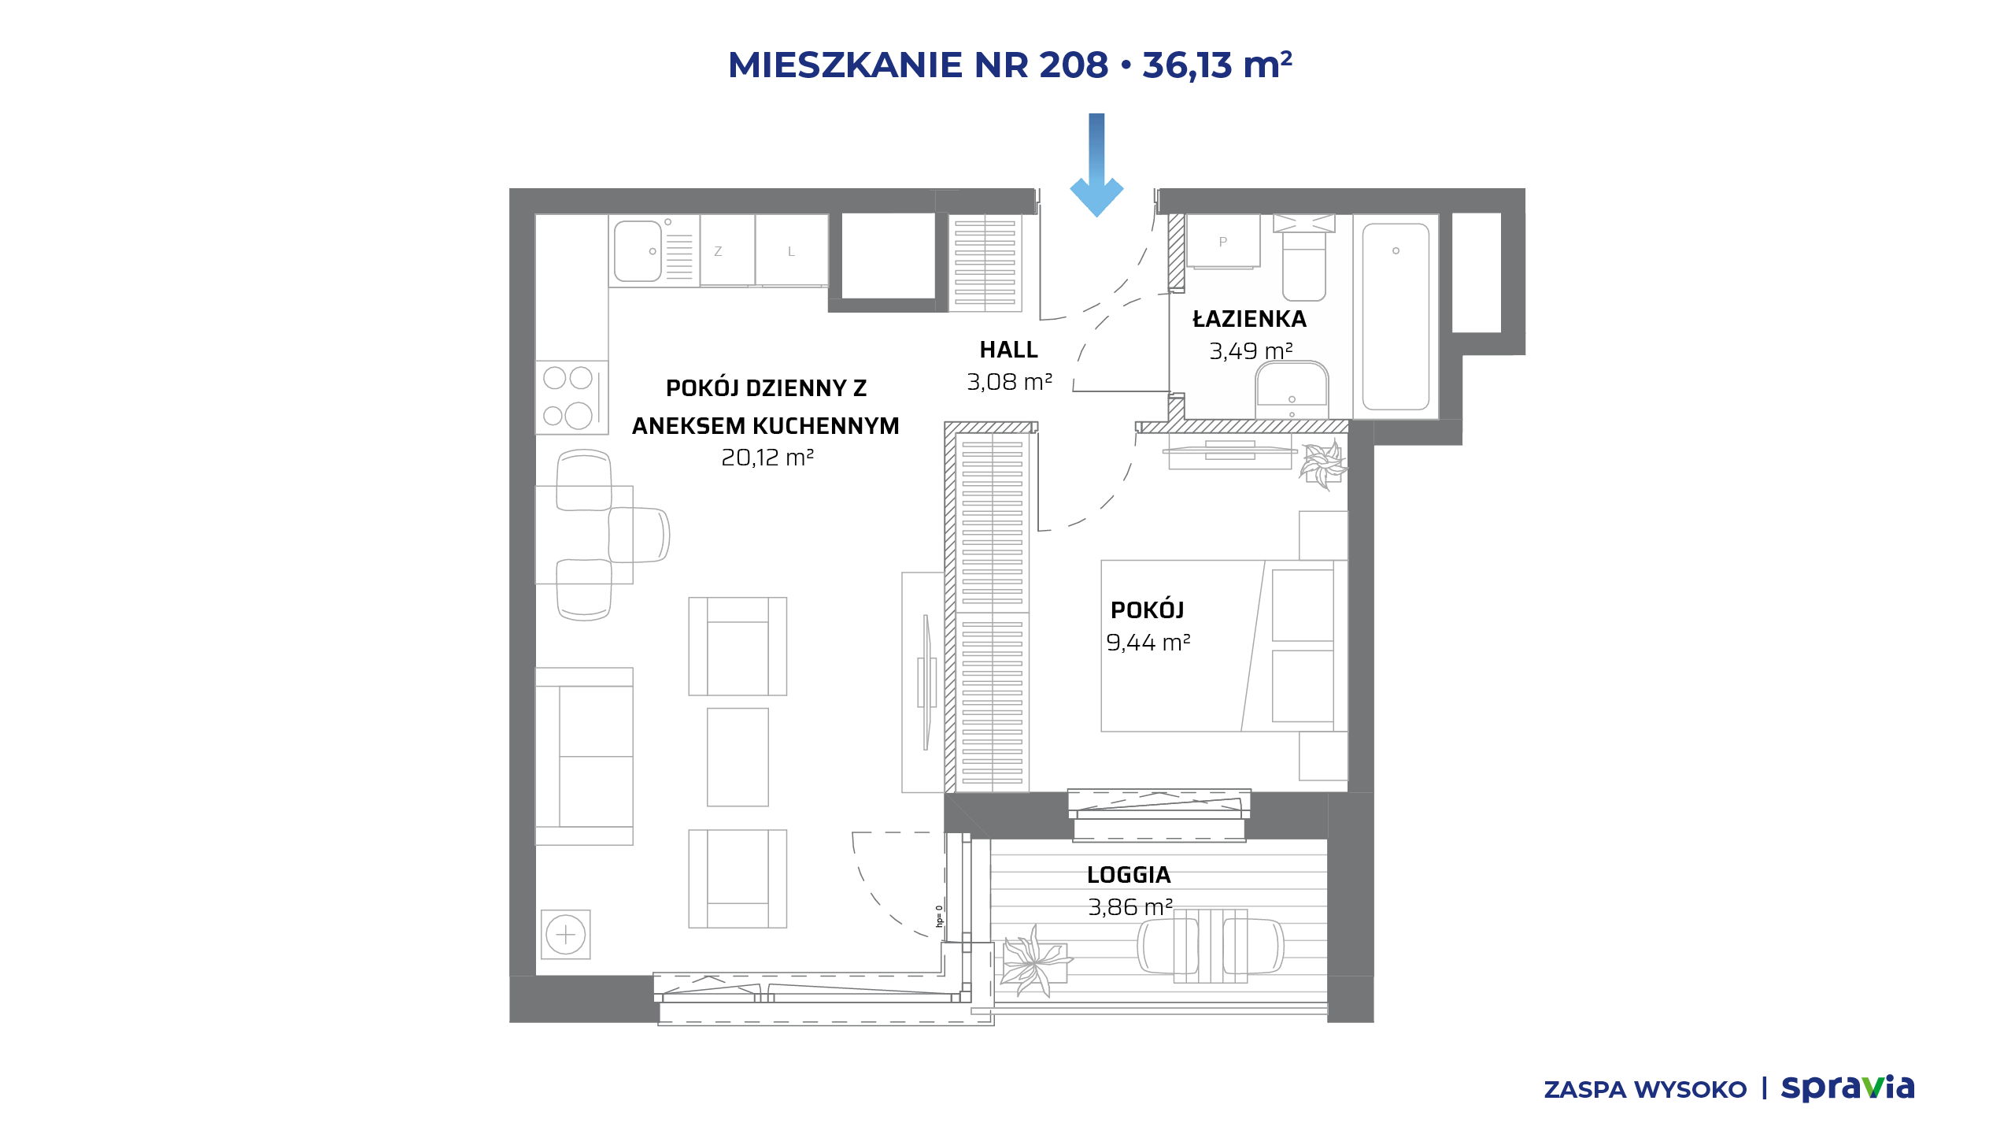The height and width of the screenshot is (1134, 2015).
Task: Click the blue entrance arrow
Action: coord(1096,165)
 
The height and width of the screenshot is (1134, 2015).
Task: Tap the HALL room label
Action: coord(1008,350)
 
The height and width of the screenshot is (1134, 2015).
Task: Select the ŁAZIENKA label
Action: coord(1249,318)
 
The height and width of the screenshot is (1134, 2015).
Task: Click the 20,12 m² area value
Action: coord(767,457)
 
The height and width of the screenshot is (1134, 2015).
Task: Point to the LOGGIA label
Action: coord(1129,875)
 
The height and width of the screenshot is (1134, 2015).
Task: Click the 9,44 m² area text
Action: coord(1148,642)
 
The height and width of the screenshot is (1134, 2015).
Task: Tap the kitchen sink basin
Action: coord(638,251)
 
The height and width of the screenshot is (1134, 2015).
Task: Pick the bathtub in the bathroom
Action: coord(1396,317)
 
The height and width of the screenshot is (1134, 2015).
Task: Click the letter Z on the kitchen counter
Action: coord(718,251)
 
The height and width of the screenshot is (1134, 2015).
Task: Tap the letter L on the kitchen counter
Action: coord(791,251)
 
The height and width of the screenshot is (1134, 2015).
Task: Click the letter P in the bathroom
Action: coord(1222,242)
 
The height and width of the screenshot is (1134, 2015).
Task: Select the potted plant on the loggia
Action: coord(1033,962)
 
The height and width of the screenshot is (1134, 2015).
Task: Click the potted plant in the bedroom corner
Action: coord(1323,465)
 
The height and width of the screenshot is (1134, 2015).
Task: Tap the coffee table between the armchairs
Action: coord(738,757)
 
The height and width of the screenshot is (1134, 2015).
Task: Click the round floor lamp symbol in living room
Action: coord(566,935)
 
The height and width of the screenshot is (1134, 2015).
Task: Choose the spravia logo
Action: coord(1847,1088)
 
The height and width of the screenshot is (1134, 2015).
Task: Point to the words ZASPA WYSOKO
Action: coord(1645,1090)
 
